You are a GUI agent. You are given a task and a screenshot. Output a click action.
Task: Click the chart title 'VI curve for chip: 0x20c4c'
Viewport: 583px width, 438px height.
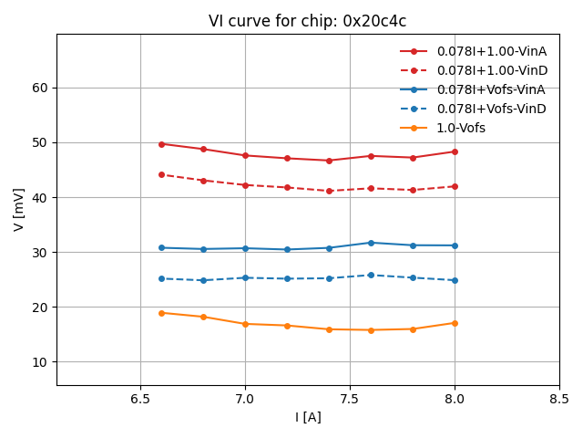point(307,21)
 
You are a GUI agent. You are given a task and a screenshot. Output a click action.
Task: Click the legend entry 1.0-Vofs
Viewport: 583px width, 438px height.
point(461,128)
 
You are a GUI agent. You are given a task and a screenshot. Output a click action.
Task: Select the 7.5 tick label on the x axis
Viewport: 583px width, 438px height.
point(350,400)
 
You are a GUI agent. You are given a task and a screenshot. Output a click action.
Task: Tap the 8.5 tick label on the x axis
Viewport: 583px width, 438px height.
point(559,400)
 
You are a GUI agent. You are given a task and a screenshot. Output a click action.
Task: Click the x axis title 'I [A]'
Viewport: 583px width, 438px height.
point(308,417)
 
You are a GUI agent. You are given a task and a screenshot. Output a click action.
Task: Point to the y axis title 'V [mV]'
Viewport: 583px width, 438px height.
point(19,210)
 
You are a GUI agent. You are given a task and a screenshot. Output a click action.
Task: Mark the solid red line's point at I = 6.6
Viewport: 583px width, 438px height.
point(161,144)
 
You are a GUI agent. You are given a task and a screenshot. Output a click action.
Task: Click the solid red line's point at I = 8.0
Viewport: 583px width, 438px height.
point(455,151)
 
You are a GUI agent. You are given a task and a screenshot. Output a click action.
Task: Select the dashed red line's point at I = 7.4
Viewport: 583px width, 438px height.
point(329,191)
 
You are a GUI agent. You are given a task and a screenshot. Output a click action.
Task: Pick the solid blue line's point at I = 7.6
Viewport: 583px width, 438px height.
point(371,243)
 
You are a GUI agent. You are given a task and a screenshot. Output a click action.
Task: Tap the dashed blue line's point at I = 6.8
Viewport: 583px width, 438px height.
point(203,280)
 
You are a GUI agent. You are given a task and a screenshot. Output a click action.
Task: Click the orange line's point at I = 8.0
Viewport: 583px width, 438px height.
point(455,323)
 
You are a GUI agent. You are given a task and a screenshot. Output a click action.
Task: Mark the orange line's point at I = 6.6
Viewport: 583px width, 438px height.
point(161,313)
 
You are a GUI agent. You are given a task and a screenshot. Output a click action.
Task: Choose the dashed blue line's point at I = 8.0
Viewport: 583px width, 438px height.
point(455,280)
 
